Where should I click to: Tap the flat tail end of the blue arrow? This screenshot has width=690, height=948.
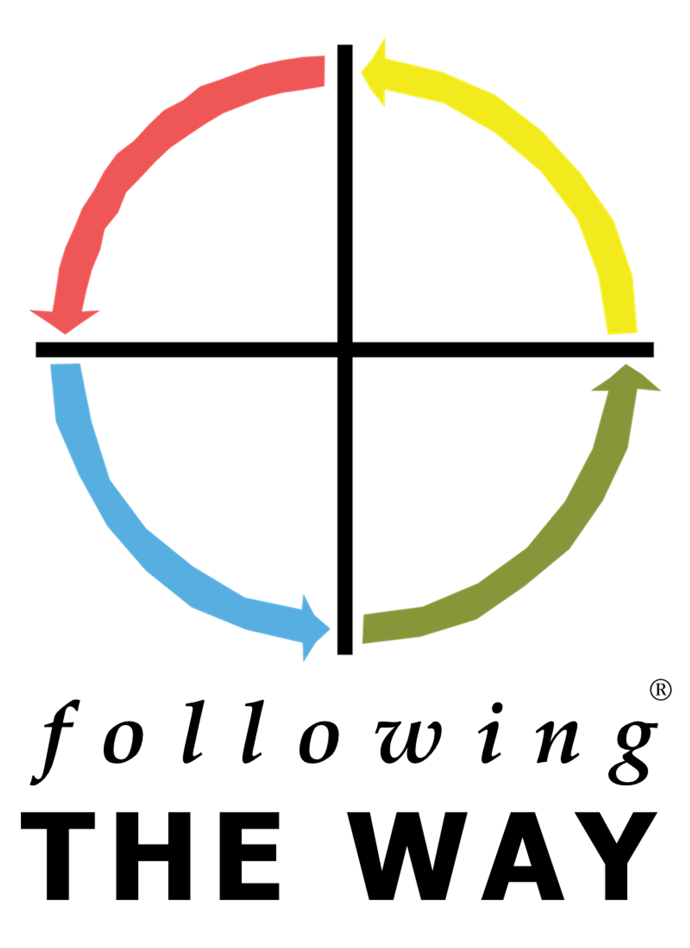tap(65, 364)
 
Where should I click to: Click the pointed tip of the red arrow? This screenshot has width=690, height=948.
tap(65, 335)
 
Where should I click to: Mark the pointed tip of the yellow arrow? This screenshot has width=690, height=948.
tap(359, 72)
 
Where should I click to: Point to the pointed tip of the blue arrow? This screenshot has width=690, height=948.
tap(332, 629)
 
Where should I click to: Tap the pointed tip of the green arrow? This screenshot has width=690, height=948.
tap(626, 362)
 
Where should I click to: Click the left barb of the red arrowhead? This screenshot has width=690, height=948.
tap(30, 309)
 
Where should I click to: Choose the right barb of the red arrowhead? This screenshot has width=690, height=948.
tap(100, 309)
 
